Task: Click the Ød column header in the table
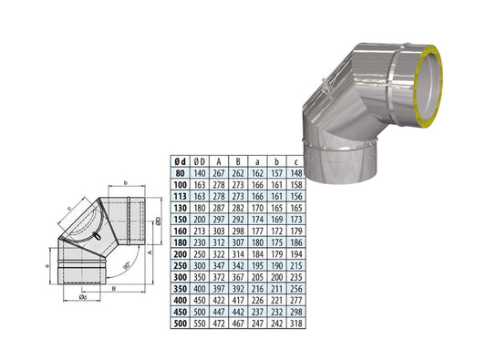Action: point(181,159)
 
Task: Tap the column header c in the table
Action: point(296,159)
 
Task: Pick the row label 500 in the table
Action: point(181,323)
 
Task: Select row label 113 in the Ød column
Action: point(181,194)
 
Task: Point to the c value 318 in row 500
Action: point(296,323)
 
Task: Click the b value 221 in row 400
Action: point(277,299)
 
